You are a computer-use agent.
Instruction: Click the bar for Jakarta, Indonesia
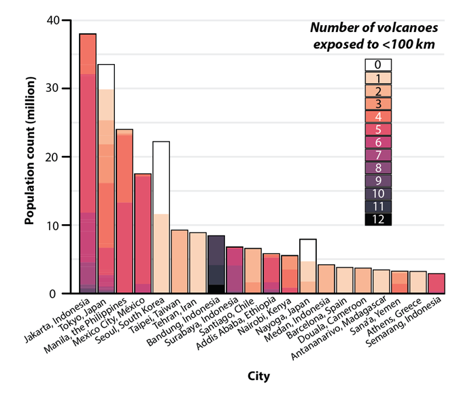(x=88, y=163)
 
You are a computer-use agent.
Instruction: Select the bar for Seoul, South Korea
(x=161, y=218)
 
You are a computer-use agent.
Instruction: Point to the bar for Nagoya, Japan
(x=308, y=266)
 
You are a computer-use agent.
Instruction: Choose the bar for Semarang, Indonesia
(x=437, y=283)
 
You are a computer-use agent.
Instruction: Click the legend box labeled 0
(x=378, y=65)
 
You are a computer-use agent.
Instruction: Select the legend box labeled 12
(x=378, y=219)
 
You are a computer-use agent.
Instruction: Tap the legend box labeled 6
(x=378, y=142)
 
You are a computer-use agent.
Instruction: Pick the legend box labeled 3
(x=378, y=104)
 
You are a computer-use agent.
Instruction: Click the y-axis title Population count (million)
(x=31, y=157)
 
